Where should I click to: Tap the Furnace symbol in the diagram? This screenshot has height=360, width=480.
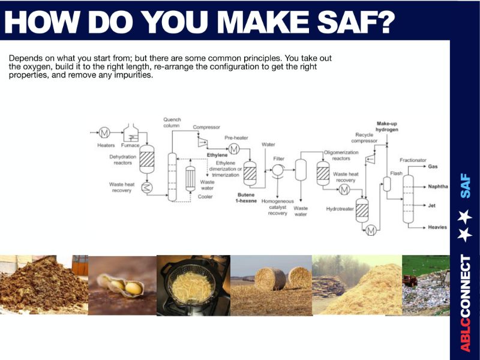[131, 133]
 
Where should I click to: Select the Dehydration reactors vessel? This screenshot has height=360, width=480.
[147, 159]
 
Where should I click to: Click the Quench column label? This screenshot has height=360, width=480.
[172, 122]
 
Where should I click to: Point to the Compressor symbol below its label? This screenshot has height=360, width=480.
[202, 142]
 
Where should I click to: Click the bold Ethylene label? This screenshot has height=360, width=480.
[217, 155]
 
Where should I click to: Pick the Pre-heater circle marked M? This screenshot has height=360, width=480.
[234, 149]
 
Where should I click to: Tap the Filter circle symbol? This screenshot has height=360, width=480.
[278, 170]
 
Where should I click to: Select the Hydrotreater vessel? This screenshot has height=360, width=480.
[362, 210]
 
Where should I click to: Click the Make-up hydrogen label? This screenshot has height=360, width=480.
[387, 127]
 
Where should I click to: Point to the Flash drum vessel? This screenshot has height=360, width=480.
[387, 184]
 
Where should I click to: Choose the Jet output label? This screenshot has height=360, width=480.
[431, 205]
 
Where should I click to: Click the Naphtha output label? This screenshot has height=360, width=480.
[438, 187]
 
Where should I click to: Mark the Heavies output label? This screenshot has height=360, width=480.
[437, 227]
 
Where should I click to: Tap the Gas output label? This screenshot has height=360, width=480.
[433, 167]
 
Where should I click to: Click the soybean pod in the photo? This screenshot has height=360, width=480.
[121, 286]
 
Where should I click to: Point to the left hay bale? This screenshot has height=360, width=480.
[270, 279]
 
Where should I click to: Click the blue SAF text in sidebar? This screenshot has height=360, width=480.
[466, 186]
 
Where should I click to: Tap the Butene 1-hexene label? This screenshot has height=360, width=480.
[246, 198]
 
